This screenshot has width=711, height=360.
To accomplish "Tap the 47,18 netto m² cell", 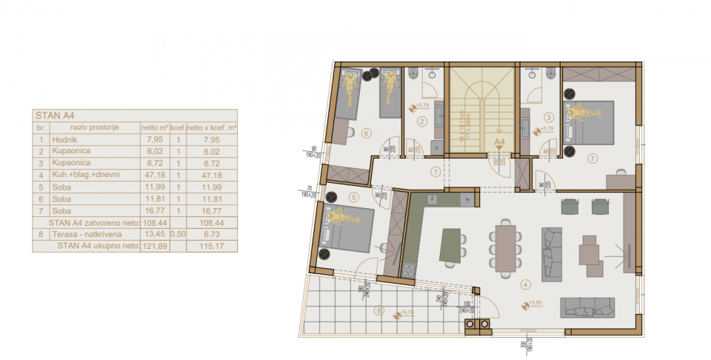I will (154, 175).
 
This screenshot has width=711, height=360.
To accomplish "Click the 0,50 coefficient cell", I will (178, 234).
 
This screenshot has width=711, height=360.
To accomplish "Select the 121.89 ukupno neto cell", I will (154, 246).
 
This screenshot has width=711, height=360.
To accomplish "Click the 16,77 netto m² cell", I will (154, 210).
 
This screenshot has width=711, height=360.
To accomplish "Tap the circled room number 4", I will (525, 284).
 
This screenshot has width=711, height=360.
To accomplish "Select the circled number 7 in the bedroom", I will (592, 158).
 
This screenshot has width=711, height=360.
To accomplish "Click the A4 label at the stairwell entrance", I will (499, 140).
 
